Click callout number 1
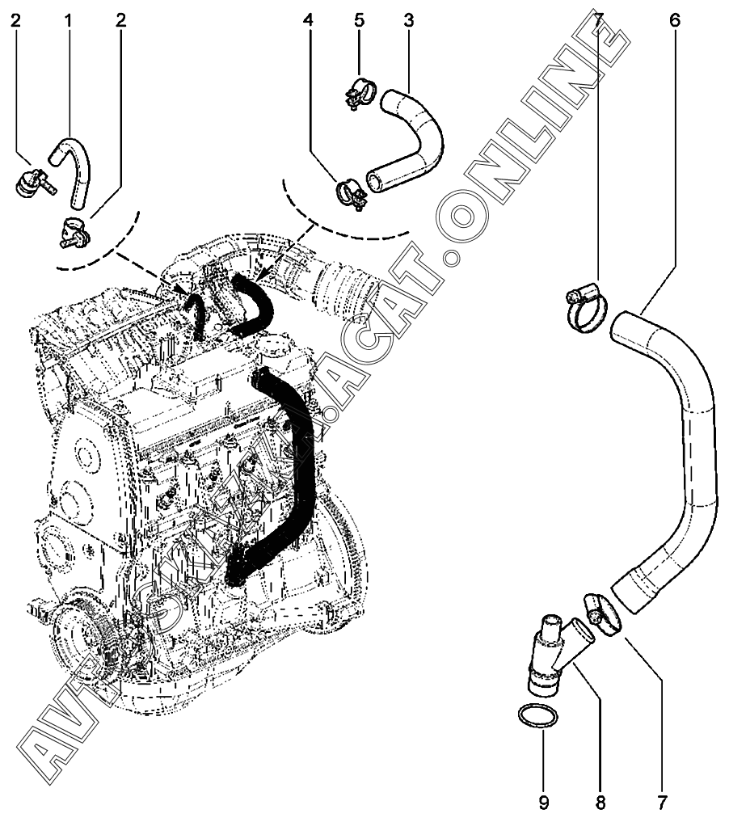tap(68, 19)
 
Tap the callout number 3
tap(408, 19)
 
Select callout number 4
tap(308, 19)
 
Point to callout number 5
tap(360, 19)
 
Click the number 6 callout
tap(674, 19)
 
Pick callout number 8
tap(600, 803)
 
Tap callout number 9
tap(544, 803)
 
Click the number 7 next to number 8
tap(662, 803)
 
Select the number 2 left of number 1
tap(15, 19)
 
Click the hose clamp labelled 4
tap(350, 193)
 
